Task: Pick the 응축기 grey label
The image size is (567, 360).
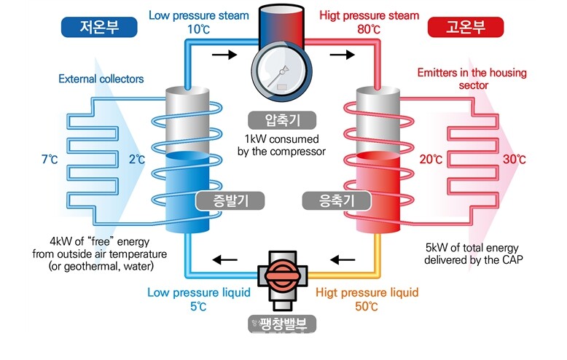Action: tap(324, 200)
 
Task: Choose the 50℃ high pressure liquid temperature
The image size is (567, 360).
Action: tap(367, 307)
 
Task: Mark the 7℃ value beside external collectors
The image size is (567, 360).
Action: tap(50, 159)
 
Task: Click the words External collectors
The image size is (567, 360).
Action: tap(101, 79)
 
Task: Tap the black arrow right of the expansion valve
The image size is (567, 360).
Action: tap(343, 257)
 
